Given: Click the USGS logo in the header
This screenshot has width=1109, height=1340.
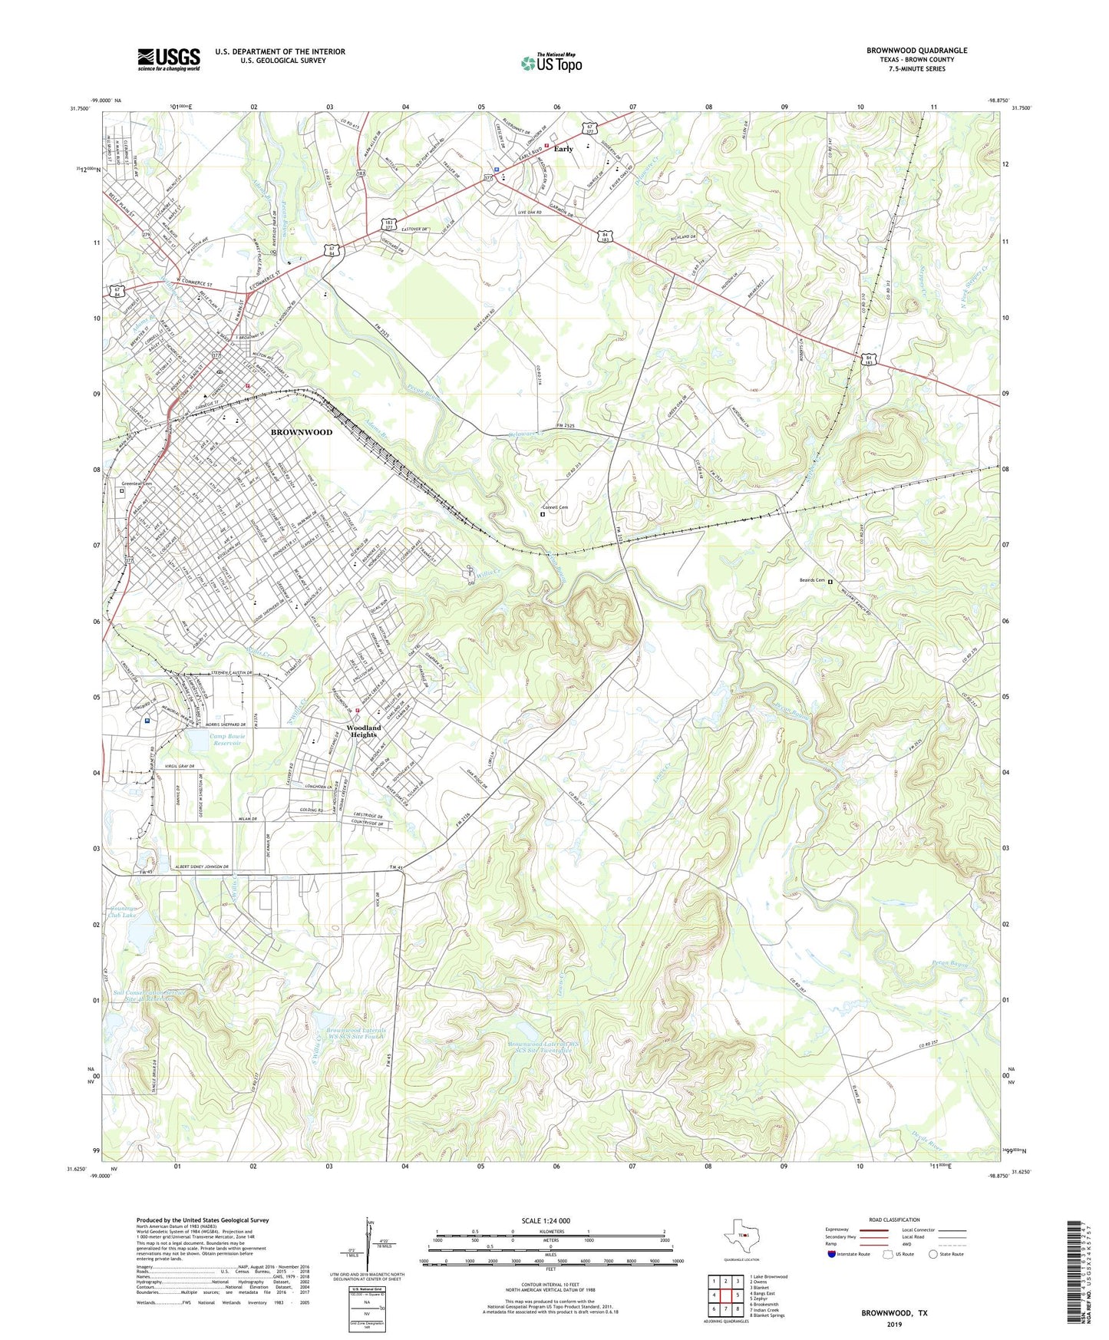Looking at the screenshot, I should coord(169,59).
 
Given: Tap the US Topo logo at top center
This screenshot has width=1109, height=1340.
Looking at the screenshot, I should coord(551,63).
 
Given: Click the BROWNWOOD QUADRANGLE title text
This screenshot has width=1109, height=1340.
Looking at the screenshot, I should coord(916,51).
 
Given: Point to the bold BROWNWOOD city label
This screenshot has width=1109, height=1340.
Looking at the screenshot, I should coord(302,432).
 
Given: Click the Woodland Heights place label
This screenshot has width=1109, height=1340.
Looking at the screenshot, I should coord(363,731).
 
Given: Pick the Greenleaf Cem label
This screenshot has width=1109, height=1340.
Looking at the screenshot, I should coord(137,484).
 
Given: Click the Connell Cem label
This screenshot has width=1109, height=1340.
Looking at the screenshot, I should coord(555,507).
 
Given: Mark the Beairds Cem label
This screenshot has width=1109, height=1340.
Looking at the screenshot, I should coord(807,581).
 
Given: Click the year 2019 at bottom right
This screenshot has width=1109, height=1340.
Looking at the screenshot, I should coord(894,1324).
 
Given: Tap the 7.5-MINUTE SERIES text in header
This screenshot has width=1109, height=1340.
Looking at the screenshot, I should coord(916,69).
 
